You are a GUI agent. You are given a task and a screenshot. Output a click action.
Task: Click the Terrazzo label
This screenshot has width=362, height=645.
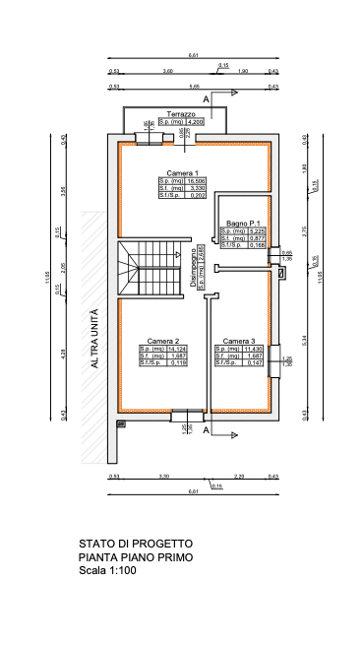[181, 114]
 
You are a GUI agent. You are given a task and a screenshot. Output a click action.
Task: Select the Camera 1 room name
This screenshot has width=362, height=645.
[182, 173]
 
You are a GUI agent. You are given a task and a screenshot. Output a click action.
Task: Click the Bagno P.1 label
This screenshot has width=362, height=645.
[242, 224]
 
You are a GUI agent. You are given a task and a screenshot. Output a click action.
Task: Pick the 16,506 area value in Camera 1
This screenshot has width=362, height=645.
[197, 182]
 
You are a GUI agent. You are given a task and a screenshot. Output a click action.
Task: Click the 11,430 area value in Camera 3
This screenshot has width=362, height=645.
[254, 349]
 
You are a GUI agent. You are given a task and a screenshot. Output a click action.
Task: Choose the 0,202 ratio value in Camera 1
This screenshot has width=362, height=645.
[197, 196]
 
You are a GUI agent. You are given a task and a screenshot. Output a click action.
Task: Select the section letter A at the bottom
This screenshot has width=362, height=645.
[206, 431]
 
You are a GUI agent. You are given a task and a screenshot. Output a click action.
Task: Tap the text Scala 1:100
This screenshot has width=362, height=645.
[105, 570]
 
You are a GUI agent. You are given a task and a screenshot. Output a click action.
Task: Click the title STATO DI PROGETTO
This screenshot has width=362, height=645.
[136, 544]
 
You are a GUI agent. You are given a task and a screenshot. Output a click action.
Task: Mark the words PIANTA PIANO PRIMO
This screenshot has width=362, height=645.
[136, 557]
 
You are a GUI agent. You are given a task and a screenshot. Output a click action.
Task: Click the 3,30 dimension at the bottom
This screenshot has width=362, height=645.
[163, 477]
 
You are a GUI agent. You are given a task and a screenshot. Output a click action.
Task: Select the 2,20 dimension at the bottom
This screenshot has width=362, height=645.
[239, 477]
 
